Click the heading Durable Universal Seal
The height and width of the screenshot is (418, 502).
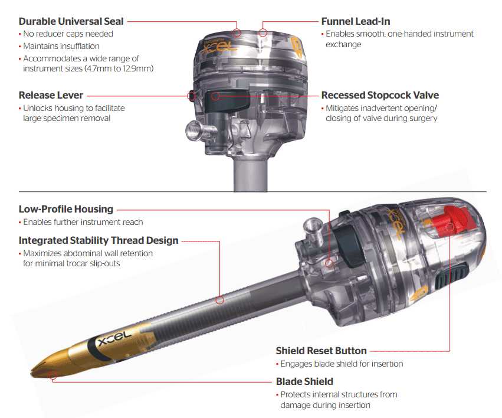71,21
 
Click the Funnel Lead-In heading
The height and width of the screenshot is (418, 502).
356,21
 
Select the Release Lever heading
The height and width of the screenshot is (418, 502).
51,95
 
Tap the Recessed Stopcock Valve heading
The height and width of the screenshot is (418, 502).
380,95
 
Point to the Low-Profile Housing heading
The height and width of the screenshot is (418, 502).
66,209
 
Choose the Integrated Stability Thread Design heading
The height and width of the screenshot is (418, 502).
99,240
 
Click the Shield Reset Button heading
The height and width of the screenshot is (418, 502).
321,351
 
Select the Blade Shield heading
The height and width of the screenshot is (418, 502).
304,381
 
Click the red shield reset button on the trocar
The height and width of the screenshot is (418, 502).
451,221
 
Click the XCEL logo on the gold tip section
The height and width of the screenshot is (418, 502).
114,338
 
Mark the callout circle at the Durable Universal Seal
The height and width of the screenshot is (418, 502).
237,32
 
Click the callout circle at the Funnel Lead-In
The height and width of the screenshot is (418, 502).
263,32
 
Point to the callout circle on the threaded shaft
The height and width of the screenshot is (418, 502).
219,300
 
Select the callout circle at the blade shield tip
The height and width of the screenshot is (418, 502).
53,375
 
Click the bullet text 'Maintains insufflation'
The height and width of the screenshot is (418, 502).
61,46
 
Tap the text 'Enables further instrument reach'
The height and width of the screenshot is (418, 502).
83,222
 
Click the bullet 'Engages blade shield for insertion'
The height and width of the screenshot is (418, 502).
342,364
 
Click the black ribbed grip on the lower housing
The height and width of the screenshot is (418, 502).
451,275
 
